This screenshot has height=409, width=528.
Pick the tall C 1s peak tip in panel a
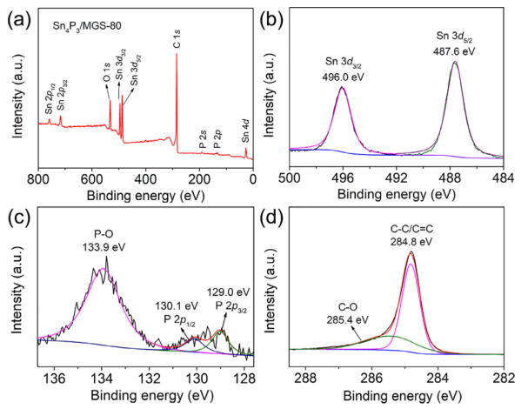point(177,54)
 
